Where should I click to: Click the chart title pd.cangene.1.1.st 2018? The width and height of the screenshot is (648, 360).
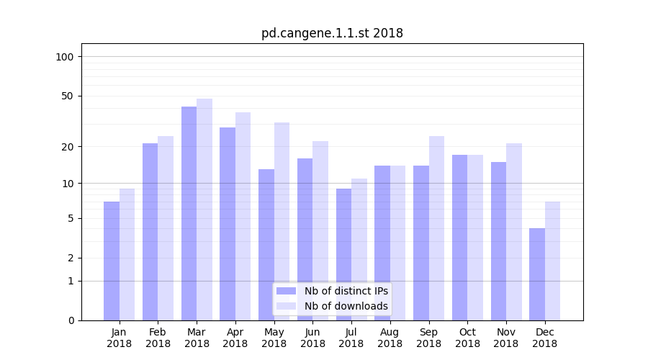332,33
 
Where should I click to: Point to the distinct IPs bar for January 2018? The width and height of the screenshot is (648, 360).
112,261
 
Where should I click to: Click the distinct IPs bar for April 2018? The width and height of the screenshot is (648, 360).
228,223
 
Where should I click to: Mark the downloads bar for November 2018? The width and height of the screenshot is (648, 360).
514,231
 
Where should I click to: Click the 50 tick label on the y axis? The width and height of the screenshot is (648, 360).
68,96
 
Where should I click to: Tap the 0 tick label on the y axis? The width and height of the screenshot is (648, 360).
71,320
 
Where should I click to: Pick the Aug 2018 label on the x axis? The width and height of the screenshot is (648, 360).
390,338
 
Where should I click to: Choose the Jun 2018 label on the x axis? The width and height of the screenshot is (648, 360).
312,338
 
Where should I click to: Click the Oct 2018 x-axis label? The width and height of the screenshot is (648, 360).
467,338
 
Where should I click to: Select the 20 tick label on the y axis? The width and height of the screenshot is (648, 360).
68,147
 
